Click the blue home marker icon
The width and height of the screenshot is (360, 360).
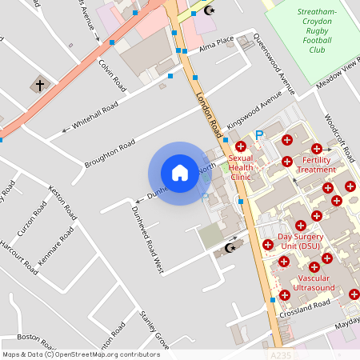point(179,172)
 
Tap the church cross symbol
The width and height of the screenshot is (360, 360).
point(39,84)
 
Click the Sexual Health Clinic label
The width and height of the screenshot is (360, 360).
point(241,167)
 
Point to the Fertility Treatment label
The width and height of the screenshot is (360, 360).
point(316,164)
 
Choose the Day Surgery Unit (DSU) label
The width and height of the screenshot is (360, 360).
point(300,241)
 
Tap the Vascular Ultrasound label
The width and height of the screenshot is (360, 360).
point(314,282)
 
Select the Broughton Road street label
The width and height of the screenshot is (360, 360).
point(110,154)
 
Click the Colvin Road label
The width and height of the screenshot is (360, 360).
point(113,74)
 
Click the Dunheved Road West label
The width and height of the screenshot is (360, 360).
point(146,238)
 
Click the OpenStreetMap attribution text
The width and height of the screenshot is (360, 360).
point(80,354)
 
